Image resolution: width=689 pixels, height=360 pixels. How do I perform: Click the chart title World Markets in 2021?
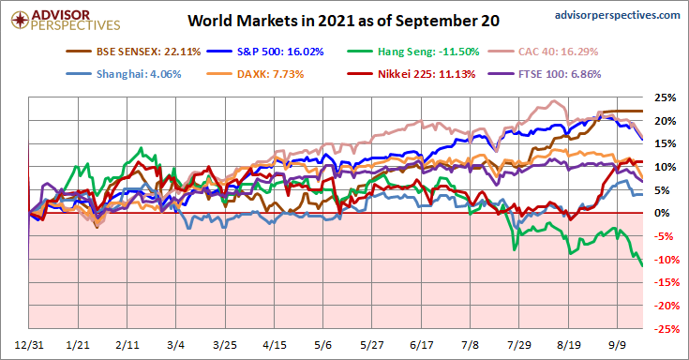343,21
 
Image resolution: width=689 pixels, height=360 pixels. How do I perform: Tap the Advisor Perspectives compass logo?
21,21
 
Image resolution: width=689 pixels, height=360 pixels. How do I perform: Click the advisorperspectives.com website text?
618,15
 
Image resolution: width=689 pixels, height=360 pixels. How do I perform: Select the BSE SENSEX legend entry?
133,52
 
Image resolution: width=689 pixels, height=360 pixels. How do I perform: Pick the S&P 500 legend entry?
265,52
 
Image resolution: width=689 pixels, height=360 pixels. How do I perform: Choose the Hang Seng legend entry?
413,52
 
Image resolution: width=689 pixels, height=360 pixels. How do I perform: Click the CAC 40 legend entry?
543,52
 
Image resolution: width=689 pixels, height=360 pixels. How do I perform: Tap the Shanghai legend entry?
124,74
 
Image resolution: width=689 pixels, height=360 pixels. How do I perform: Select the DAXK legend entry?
255,74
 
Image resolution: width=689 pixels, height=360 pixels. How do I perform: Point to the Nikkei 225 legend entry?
412,74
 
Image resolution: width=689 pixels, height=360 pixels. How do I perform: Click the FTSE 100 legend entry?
545,74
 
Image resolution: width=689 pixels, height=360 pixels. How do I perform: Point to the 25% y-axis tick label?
666,97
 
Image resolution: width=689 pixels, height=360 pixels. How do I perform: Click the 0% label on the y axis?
662,213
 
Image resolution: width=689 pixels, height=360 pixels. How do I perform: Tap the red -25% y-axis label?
666,329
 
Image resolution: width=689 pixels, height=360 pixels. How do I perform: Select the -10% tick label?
666,260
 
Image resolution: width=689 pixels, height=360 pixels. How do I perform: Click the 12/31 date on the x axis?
29,345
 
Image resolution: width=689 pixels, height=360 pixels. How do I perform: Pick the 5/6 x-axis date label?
323,345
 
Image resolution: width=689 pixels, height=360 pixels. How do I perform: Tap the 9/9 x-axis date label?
618,345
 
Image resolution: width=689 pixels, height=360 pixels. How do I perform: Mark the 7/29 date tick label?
519,345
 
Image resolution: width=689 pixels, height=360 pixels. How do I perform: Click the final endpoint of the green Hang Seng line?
642,266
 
